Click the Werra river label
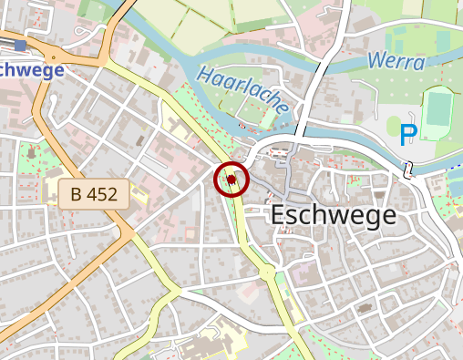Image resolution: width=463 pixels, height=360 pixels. (x=396, y=62)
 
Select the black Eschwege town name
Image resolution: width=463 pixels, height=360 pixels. (x=334, y=215)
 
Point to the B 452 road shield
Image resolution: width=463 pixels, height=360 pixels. (x=94, y=193)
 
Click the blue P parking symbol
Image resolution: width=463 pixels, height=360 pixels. (x=407, y=135)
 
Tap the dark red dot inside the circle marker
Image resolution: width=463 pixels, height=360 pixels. (x=231, y=180)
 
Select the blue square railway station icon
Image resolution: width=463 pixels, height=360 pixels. (x=20, y=44)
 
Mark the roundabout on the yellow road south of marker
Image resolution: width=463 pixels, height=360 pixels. (x=267, y=273)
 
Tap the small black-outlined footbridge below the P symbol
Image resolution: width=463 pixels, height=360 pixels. (x=409, y=169)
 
